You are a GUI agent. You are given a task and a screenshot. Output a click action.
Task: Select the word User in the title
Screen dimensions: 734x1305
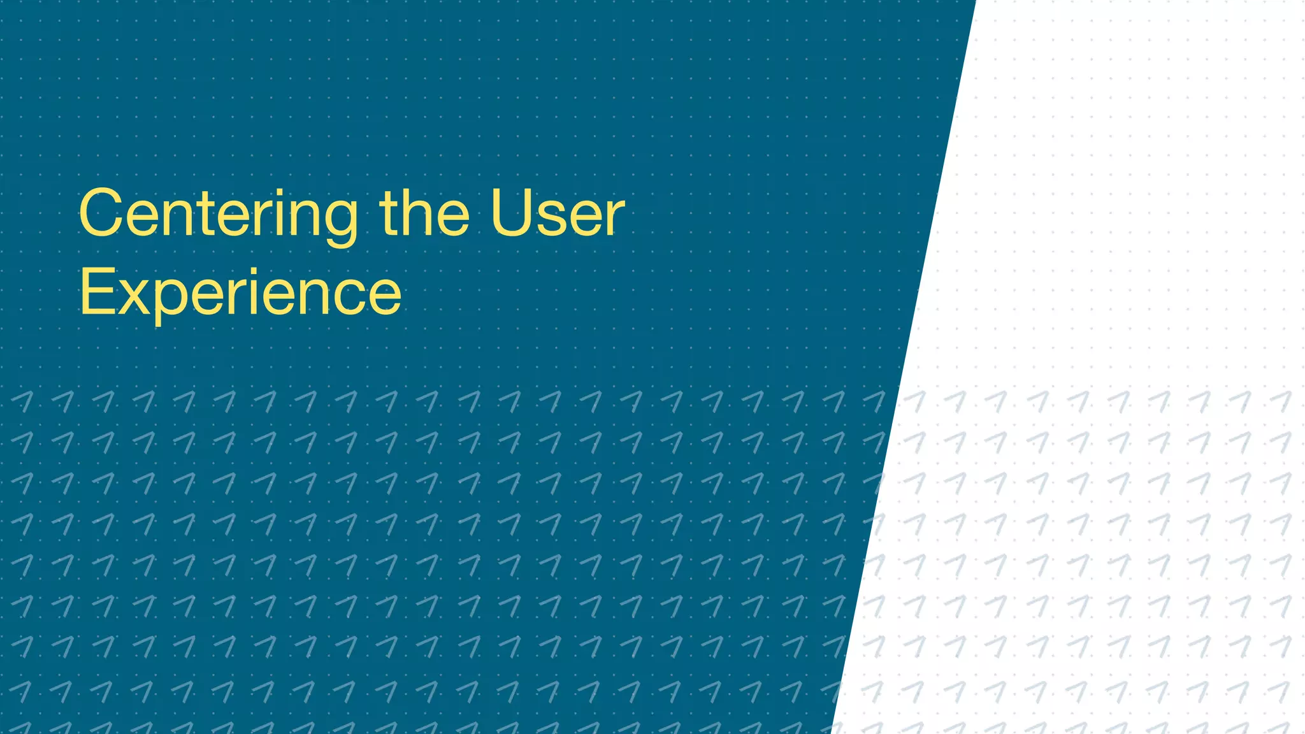coord(558,214)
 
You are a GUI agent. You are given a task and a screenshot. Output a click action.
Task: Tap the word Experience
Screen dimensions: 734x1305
coord(240,293)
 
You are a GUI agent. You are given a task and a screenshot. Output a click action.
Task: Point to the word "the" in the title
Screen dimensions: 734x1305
coord(424,214)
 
